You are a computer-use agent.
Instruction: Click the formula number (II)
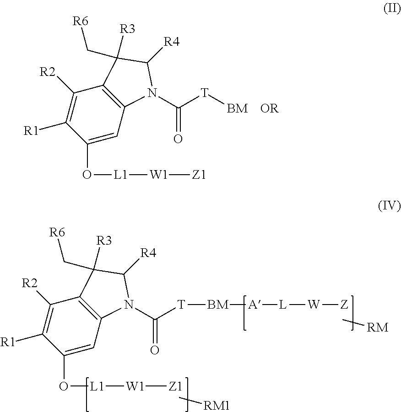(x=391, y=11)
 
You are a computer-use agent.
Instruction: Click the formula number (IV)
(x=389, y=205)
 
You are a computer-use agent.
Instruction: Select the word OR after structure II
(x=269, y=109)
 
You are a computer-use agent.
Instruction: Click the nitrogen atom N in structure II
(x=152, y=94)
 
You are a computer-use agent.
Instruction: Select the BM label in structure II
(x=237, y=109)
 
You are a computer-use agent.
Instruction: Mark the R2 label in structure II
(x=49, y=72)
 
